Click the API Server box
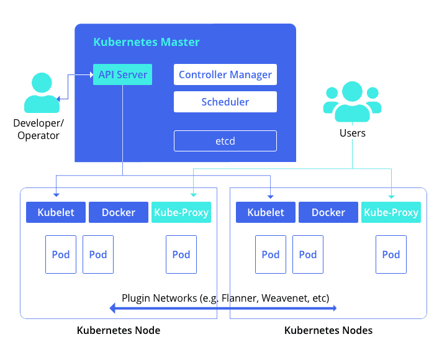coord(122,74)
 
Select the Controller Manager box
coord(225,74)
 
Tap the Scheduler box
coord(225,102)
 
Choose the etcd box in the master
coord(225,142)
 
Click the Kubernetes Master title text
coord(147,42)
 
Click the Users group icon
coord(352,102)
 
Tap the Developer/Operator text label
coord(38,129)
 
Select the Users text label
coord(352,133)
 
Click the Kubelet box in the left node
coord(56,212)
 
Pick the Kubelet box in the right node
coord(266,212)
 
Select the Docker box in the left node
coord(119,212)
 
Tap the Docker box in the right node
coord(328,212)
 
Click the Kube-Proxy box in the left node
coord(181,212)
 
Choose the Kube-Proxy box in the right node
coord(391,212)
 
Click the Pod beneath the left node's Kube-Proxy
coord(181,254)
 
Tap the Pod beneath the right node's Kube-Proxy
coord(391,254)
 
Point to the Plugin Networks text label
coord(225,297)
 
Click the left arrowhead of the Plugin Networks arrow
coord(114,308)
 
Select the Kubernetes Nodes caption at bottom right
coord(328,330)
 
